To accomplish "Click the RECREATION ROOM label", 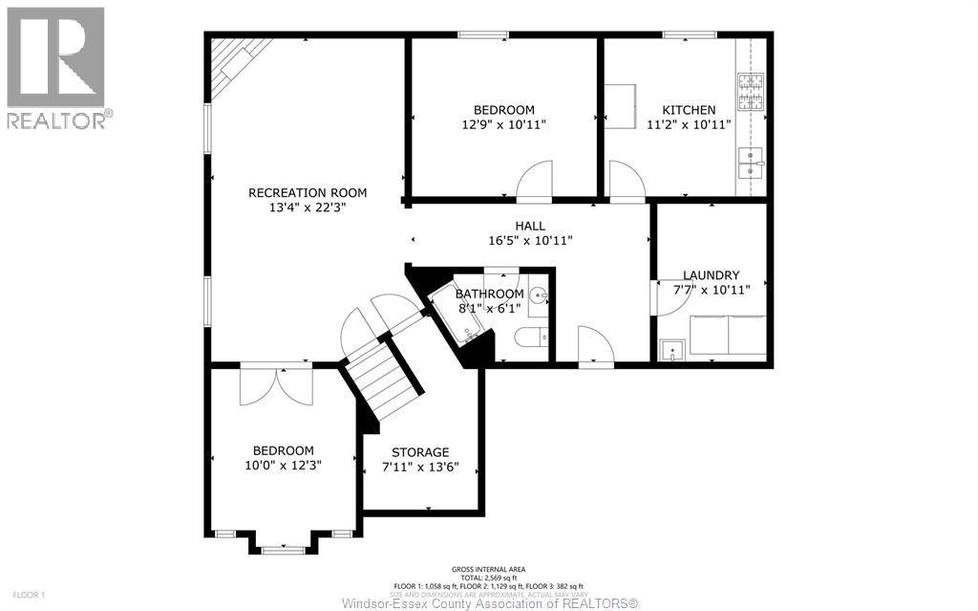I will tap(307, 192).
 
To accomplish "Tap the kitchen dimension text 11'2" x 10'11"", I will tap(688, 124).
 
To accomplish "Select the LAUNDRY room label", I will tap(711, 275).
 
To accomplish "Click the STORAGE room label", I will tap(420, 452).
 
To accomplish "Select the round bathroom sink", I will tap(539, 296).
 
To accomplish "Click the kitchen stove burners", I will tap(751, 92).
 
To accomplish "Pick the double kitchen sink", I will tap(751, 166).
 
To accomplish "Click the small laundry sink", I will tap(672, 350).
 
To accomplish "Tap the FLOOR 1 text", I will tap(29, 596).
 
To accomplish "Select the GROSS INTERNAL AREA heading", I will tap(488, 570).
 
